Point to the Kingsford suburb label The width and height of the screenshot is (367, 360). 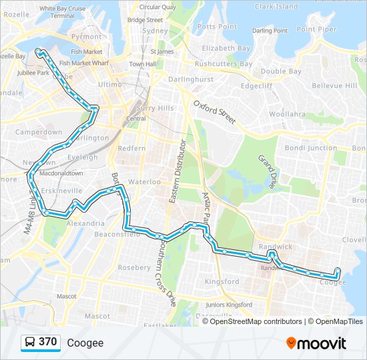pos(222,281)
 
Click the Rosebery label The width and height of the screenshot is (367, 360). pos(134,267)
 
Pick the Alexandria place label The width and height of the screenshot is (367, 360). pos(85,223)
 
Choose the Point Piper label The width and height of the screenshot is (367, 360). pos(316,29)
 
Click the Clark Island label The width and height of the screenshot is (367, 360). pos(276,7)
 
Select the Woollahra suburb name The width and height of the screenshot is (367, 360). pos(287,114)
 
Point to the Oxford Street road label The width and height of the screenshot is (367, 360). pos(214,111)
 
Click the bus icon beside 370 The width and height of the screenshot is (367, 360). pos(31,343)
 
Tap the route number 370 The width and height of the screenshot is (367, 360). pos(48,342)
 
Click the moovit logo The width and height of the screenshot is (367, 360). pos(316,343)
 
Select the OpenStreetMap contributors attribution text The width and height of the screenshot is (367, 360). pos(256,321)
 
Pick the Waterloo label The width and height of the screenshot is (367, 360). pos(144,181)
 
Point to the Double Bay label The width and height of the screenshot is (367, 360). pos(281,71)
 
